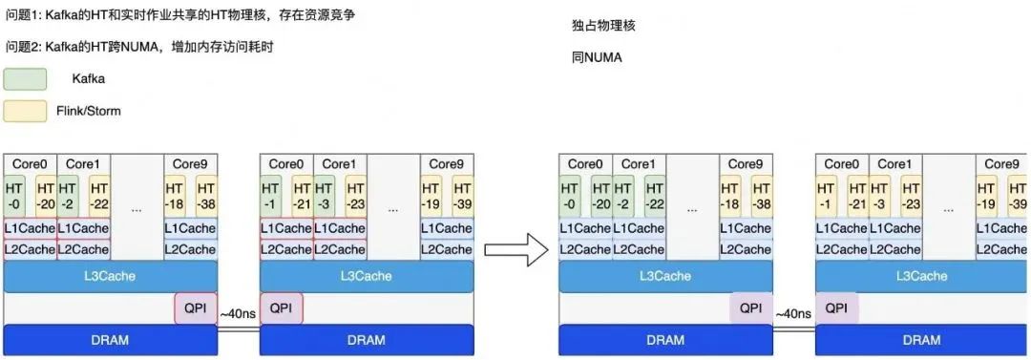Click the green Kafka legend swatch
25,79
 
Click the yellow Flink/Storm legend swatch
25,111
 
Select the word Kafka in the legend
88,79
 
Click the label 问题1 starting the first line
22,17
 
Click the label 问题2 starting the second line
22,47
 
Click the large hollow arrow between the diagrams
516,250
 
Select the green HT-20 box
601,196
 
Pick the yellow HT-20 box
47,196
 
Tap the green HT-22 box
654,196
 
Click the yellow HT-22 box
99,196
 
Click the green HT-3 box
326,196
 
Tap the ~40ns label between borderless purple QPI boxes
792,313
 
